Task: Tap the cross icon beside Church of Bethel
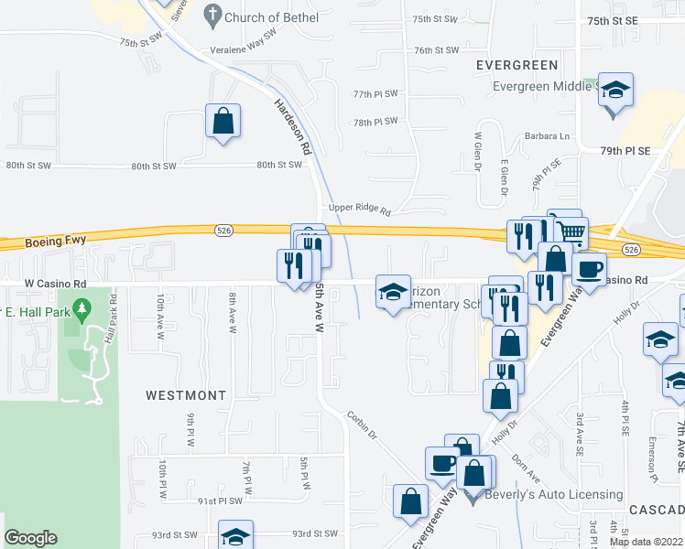212,15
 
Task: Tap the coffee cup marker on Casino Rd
589,269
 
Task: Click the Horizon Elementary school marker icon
393,294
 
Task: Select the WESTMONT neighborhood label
186,395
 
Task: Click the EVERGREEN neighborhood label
517,65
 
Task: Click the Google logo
30,538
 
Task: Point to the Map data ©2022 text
646,542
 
